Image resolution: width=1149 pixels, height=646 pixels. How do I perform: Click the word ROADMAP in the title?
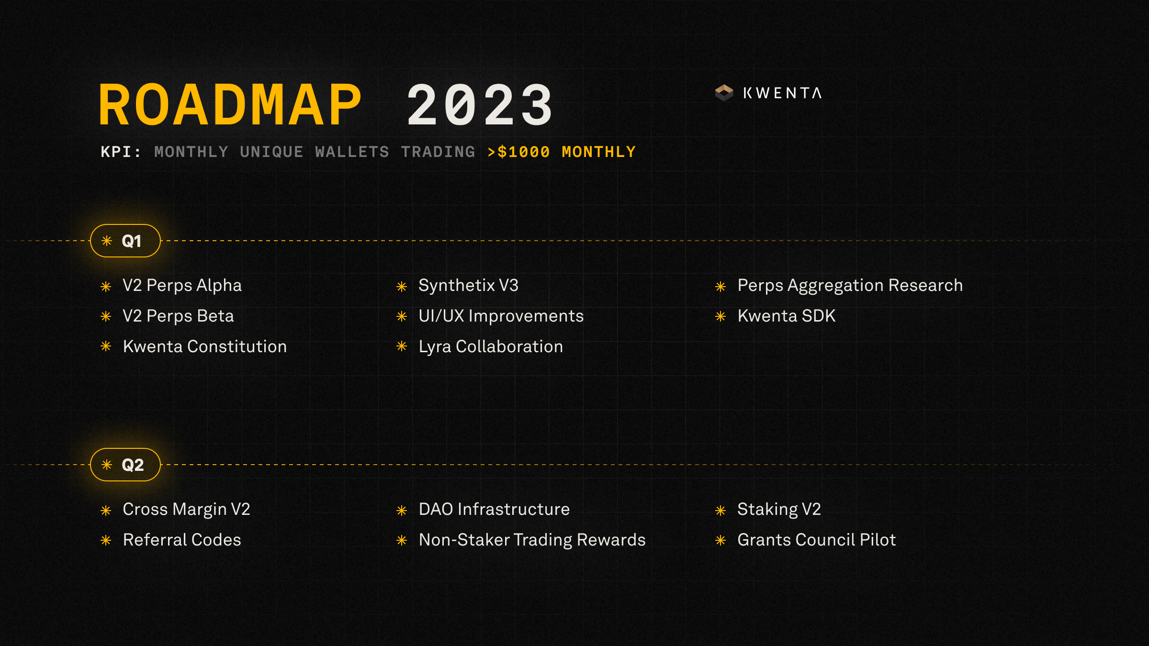coord(230,105)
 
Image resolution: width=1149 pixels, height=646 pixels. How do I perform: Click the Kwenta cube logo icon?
coord(724,93)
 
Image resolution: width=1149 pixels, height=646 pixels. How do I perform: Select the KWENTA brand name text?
coord(782,93)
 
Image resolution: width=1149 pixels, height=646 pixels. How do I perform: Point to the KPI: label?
coord(121,152)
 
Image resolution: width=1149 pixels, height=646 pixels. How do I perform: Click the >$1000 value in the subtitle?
coord(518,152)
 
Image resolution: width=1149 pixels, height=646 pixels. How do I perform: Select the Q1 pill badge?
coord(125,241)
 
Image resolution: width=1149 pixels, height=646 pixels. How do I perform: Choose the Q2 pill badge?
coord(125,465)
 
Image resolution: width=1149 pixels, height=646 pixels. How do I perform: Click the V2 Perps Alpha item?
coord(182,286)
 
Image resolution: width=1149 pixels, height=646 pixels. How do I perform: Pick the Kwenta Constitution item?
coord(204,346)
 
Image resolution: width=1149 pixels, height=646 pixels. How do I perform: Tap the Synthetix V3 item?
coord(468,286)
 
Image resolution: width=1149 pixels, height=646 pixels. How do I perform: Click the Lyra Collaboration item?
coord(491,346)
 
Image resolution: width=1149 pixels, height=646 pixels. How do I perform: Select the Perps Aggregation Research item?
coord(850,286)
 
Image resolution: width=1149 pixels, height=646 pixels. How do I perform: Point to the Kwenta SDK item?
coord(786,316)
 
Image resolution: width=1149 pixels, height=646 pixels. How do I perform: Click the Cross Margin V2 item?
coord(186,510)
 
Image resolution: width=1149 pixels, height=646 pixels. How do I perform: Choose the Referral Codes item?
coord(182,540)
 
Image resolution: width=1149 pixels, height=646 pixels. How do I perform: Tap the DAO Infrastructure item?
coord(494,510)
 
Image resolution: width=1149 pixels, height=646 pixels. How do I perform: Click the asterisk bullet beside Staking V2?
coord(721,511)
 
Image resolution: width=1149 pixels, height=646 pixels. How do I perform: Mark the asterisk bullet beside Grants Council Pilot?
coord(721,541)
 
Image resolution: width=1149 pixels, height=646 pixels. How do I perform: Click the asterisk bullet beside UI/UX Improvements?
coord(402,317)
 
